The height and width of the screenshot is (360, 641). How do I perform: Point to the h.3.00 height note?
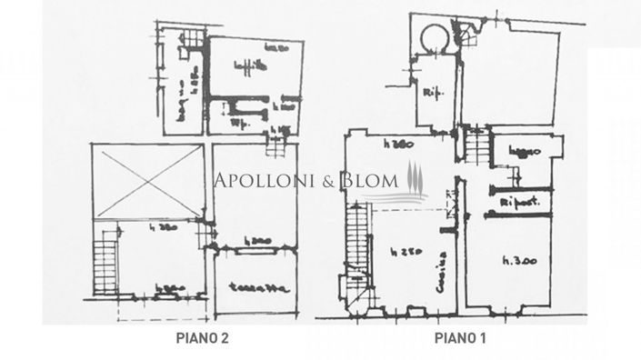click(x=519, y=261)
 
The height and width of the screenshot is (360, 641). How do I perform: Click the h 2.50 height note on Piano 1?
click(x=397, y=251)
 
